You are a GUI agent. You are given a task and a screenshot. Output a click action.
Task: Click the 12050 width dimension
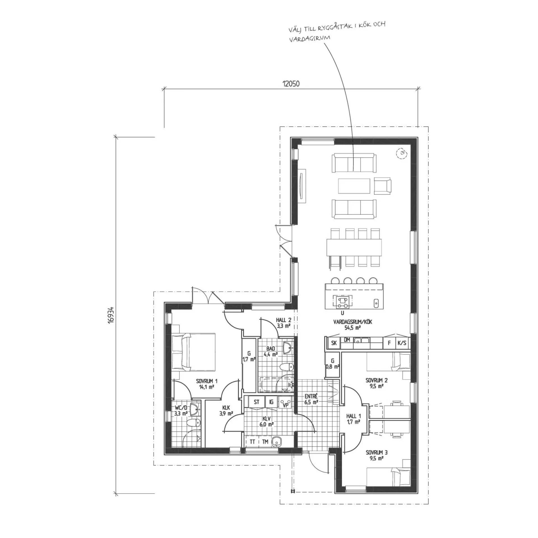(x=291, y=84)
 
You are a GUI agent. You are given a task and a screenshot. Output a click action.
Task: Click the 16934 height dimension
(x=112, y=316)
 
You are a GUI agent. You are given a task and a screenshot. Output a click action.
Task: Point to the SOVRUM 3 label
(x=377, y=460)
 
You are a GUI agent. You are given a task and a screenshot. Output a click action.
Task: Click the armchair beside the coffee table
(x=382, y=185)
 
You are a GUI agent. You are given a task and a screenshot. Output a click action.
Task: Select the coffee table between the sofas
(x=354, y=186)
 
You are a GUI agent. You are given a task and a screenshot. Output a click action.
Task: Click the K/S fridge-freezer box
(x=402, y=343)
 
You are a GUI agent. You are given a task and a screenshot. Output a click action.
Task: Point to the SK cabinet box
(x=333, y=343)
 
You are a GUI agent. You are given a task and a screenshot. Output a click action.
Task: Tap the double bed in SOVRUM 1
(x=193, y=352)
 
